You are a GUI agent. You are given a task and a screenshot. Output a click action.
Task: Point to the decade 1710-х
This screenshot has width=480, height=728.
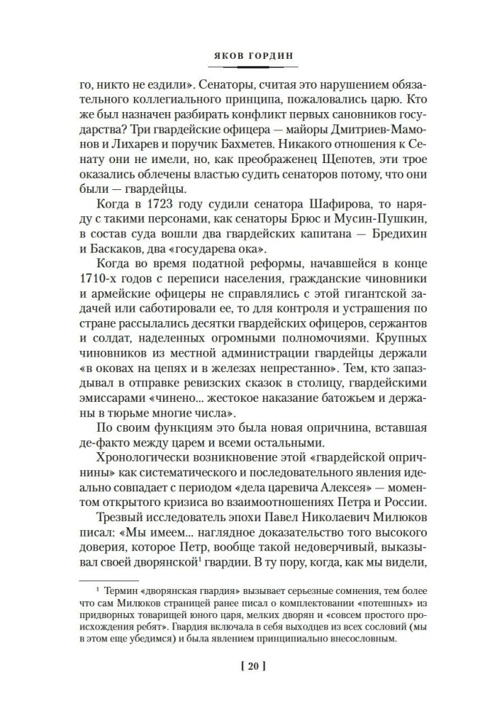[x=98, y=281]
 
